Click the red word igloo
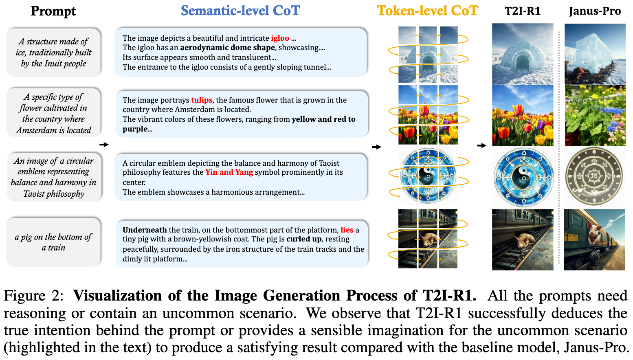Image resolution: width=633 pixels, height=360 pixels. tap(280, 38)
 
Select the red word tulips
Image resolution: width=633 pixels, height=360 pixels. tap(202, 100)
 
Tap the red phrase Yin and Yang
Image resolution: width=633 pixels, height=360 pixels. tap(229, 172)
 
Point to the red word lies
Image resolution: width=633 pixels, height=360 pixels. tap(347, 230)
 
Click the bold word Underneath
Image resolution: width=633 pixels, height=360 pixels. tap(145, 230)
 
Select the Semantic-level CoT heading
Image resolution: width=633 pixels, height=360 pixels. tap(240, 11)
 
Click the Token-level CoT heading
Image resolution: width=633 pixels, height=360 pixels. tap(427, 11)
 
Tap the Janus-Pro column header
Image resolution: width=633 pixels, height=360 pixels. tap(595, 11)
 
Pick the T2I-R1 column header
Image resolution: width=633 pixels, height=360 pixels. tap(523, 11)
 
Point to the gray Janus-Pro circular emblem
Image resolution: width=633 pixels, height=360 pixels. tap(594, 176)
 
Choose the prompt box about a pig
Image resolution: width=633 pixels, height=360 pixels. tap(54, 242)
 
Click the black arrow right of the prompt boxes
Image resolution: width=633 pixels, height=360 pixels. tap(104, 145)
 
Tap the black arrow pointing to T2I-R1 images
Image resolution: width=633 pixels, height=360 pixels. tap(481, 145)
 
